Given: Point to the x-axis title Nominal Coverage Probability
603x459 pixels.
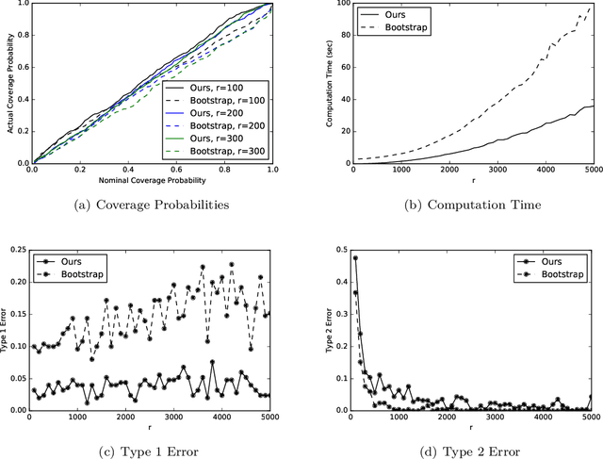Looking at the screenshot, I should click(152, 177).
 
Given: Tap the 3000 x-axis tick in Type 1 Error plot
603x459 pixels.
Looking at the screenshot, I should click(173, 418).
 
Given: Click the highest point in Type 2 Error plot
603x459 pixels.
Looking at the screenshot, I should click(355, 257).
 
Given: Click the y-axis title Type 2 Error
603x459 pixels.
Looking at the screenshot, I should click(327, 330).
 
